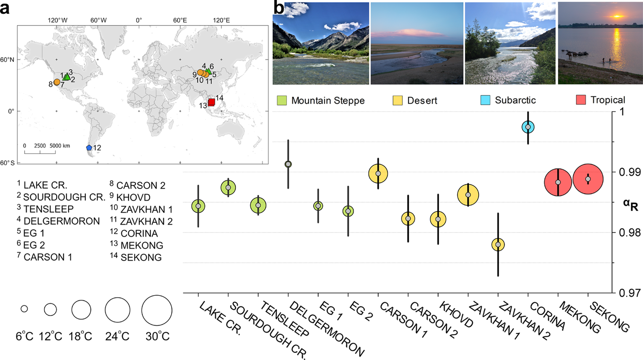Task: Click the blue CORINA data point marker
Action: coord(528,127)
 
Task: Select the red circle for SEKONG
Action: coord(588,179)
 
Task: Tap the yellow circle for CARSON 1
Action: coord(378,173)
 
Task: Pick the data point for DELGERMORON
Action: coord(288,164)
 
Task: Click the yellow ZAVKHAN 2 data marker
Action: coord(498,245)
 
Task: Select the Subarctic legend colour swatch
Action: coord(485,100)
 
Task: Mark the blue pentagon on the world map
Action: coord(89,148)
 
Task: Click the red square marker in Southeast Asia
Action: coord(211,102)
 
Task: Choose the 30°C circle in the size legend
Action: coord(157,310)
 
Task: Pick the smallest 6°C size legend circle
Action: coord(24,309)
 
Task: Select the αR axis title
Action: coord(630,205)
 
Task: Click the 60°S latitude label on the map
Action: coord(7,163)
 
